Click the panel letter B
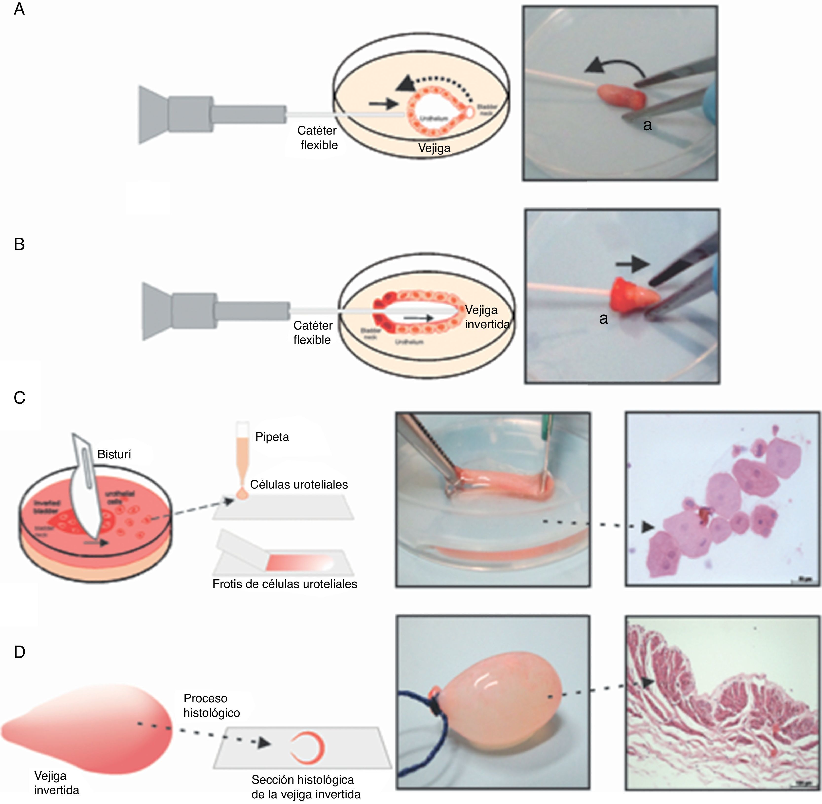[19, 244]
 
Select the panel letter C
[19, 398]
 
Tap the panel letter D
[19, 652]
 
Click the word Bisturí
[114, 454]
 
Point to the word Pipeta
[272, 437]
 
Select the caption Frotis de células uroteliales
[285, 584]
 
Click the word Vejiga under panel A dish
[434, 148]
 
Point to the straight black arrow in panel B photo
[632, 264]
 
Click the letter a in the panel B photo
[603, 319]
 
